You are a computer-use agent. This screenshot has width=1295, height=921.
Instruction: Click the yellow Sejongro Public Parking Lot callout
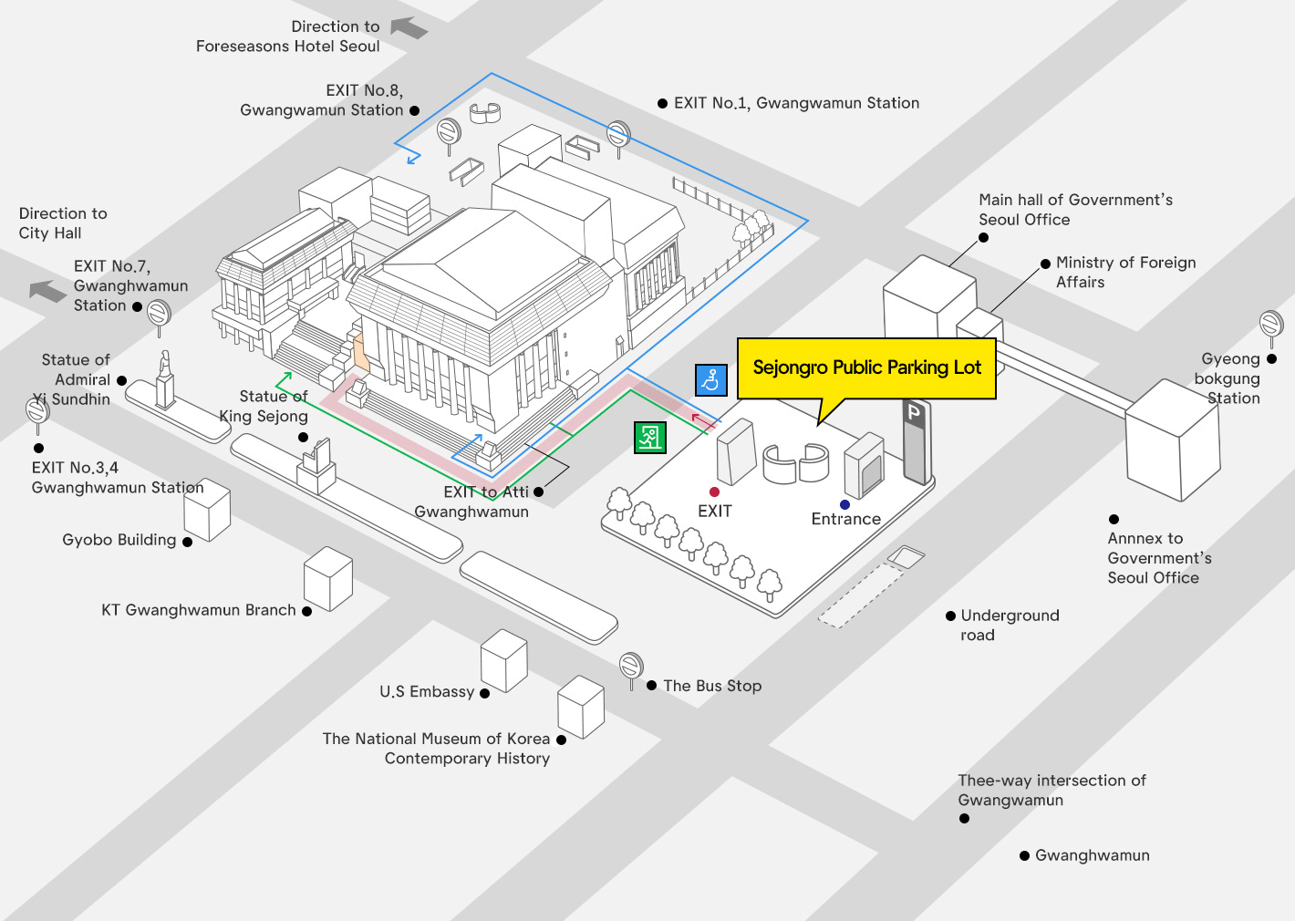click(866, 367)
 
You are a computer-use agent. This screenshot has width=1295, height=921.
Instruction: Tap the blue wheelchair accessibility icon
click(710, 379)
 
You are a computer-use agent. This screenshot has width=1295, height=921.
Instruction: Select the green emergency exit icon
click(649, 438)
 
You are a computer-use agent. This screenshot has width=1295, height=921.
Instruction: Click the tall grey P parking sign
click(916, 441)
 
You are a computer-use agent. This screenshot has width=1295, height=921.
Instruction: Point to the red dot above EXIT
click(714, 492)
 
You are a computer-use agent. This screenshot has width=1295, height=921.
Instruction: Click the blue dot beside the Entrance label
click(844, 504)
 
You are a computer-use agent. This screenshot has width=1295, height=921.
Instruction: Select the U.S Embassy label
click(427, 692)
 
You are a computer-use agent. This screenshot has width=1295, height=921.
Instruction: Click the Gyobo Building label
click(119, 540)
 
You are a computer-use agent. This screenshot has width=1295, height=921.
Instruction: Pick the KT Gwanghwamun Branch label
click(199, 610)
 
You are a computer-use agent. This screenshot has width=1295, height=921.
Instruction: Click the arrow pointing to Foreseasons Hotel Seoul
click(409, 28)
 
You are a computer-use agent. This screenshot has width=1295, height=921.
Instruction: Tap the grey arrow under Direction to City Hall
click(47, 291)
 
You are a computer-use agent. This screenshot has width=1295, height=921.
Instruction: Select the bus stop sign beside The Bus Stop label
click(631, 667)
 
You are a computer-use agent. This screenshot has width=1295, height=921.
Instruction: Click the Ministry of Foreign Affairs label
click(1125, 272)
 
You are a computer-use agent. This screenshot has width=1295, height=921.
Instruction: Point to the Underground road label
click(1010, 625)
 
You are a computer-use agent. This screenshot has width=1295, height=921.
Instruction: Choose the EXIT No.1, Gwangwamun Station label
click(796, 103)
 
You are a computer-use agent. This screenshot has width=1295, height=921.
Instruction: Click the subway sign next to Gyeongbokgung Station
click(1271, 325)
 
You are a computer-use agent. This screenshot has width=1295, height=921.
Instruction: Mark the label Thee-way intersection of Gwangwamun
click(1052, 790)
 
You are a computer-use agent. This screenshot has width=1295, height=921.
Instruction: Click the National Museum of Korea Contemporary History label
click(436, 748)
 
